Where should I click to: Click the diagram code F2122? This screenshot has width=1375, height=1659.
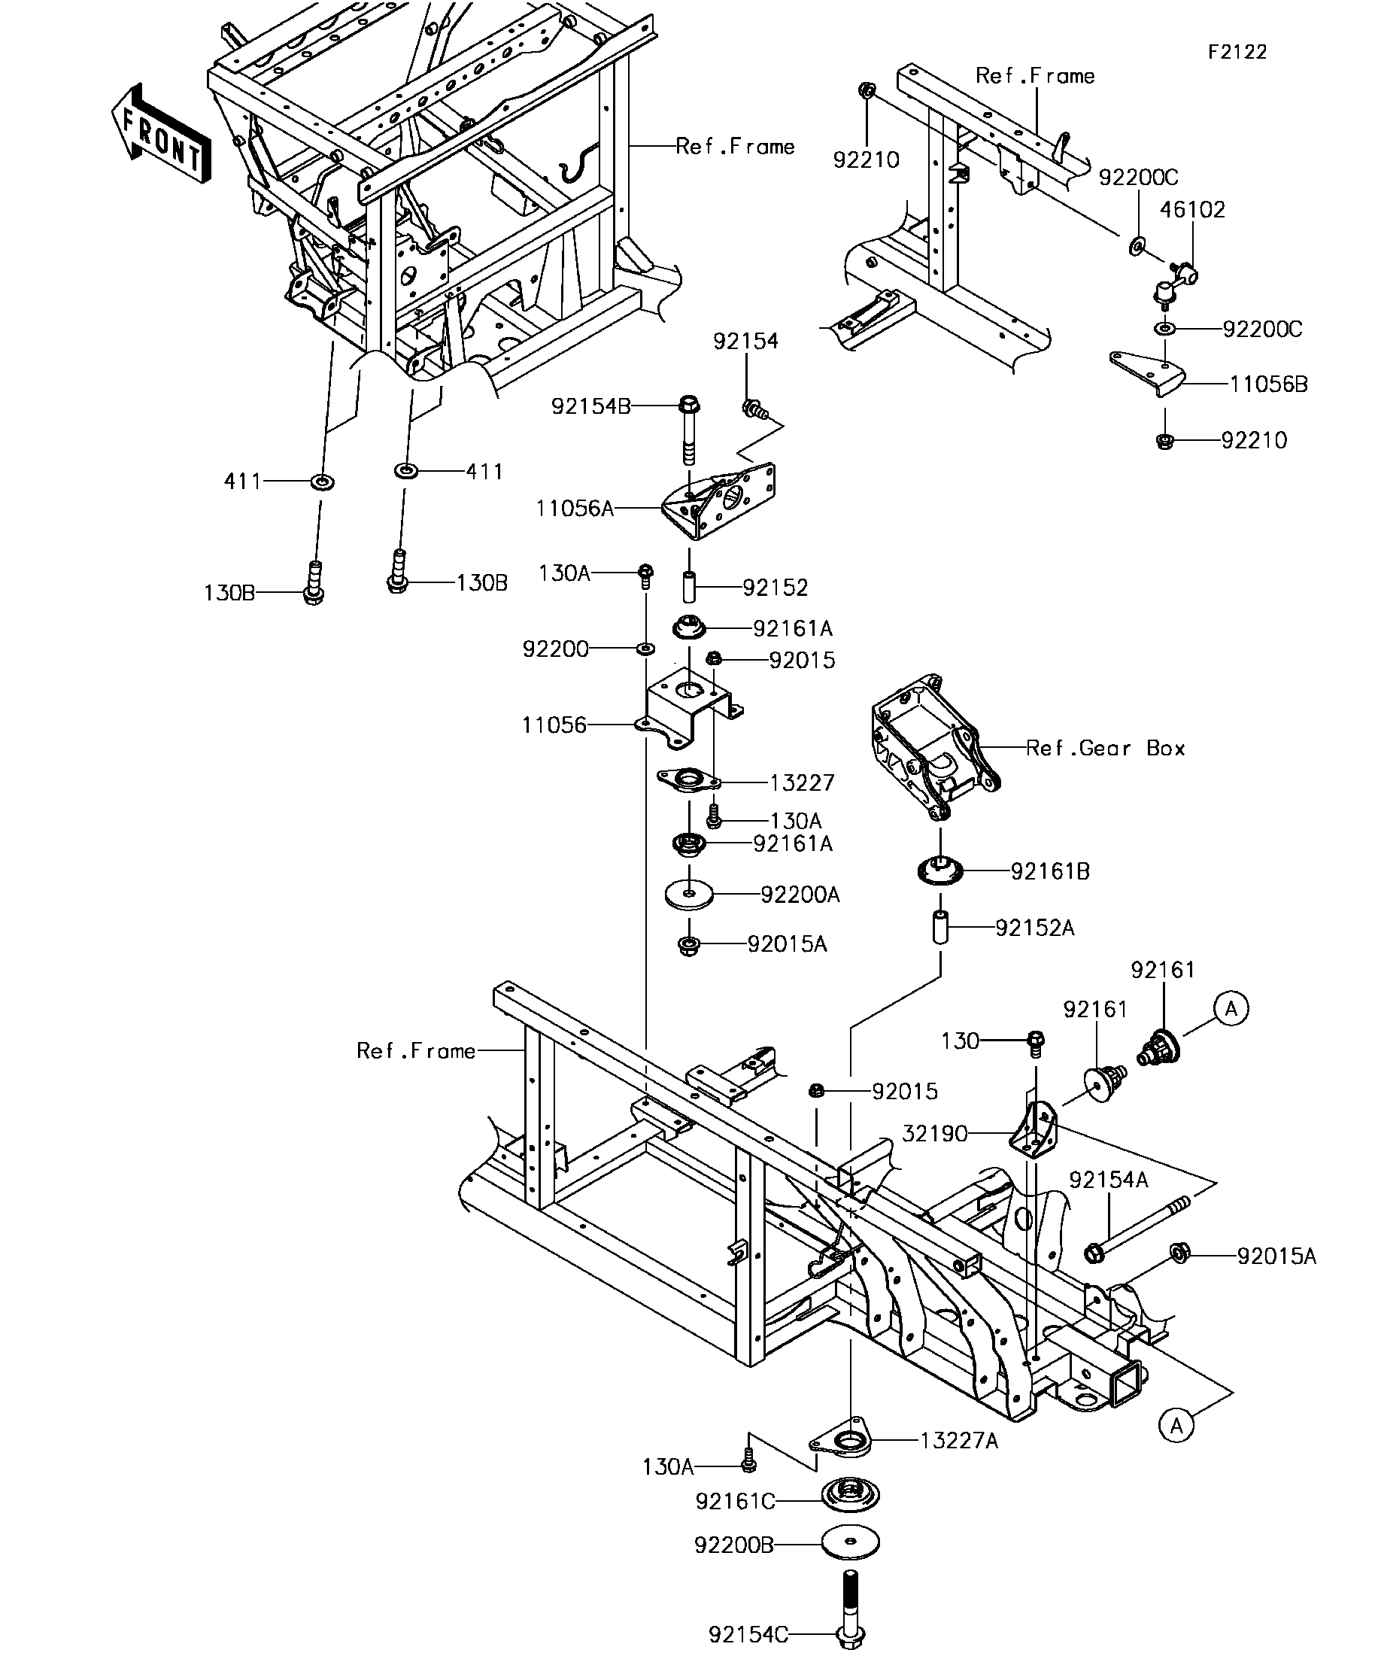pos(1237,52)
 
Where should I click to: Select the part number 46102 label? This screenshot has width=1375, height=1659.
pos(1191,209)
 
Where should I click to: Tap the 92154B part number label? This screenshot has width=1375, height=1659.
pos(590,407)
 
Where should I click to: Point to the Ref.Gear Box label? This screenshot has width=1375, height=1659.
pos(1106,748)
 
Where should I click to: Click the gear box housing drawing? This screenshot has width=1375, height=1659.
pos(935,746)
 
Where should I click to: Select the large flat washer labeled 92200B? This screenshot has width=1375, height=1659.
pos(850,1543)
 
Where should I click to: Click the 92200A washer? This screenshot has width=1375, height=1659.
pos(690,895)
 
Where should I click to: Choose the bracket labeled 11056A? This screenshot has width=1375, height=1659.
pos(718,501)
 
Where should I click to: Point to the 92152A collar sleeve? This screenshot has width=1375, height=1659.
pos(941,928)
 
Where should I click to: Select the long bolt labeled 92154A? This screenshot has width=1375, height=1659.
pos(1137,1229)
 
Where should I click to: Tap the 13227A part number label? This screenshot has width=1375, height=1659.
pos(959,1442)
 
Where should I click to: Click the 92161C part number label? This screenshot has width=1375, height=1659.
pos(736,1501)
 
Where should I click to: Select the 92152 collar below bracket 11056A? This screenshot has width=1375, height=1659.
pos(690,588)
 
